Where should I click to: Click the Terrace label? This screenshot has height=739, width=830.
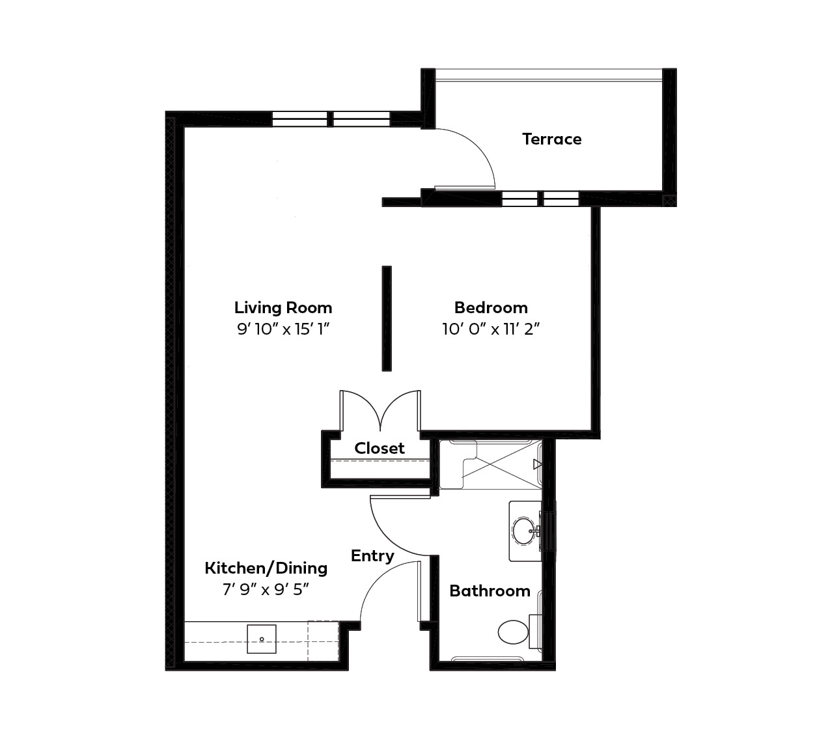pos(551,139)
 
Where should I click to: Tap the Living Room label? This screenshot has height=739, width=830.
pos(283,307)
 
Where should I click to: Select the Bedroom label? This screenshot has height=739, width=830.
pos(491,307)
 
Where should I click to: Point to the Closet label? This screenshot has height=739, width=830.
pos(380,448)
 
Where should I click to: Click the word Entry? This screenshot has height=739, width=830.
pos(372,556)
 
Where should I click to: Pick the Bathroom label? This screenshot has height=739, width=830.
pos(490,591)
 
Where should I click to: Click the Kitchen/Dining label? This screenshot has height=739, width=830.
pos(266,568)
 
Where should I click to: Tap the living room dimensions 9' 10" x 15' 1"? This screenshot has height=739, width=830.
pos(283,329)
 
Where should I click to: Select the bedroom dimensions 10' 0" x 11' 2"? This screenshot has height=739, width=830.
pos(491,329)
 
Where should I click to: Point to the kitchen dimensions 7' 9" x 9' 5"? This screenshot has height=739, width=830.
pos(266,589)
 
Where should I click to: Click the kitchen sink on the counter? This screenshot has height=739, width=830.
pos(262,639)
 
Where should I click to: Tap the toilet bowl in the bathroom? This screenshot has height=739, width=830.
pos(513,632)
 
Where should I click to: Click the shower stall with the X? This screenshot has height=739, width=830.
pos(490,464)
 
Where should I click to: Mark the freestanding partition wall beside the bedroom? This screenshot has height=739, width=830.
pos(386,318)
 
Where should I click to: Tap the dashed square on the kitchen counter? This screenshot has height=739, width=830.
pos(323,641)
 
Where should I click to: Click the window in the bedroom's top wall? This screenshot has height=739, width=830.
pos(540,199)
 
